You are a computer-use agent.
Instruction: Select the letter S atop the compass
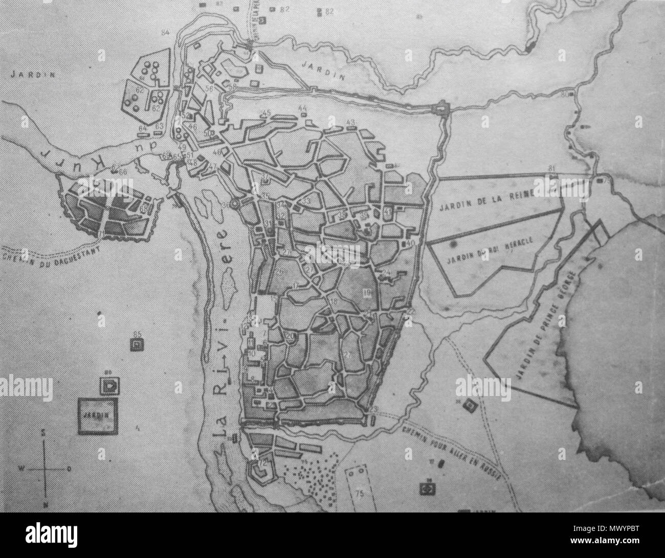tap(45, 432)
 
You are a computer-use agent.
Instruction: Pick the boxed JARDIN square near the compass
tap(97, 415)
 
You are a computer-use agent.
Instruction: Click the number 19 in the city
tap(367, 292)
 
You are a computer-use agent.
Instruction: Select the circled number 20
tap(291, 337)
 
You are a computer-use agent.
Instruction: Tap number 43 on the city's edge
tap(351, 122)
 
